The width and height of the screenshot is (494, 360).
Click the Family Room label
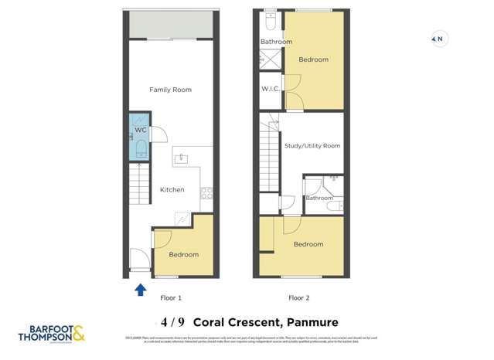click(x=170, y=90)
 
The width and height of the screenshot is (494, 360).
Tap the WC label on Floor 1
click(x=141, y=131)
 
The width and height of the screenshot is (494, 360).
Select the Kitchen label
click(x=172, y=189)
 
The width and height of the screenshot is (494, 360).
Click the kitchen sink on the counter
click(x=182, y=159)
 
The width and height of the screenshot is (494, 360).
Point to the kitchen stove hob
click(x=206, y=194)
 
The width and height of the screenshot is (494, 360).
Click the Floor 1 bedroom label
click(x=183, y=254)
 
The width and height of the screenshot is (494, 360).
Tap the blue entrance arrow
click(x=141, y=290)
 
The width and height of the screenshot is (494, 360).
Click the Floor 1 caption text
click(x=170, y=297)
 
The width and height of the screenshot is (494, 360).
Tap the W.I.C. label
click(x=271, y=89)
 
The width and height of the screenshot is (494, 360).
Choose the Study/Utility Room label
click(x=312, y=145)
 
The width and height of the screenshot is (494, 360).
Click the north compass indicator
click(x=438, y=39)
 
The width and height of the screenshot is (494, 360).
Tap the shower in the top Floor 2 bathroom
click(x=271, y=57)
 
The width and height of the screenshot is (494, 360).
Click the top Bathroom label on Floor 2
click(x=276, y=42)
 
